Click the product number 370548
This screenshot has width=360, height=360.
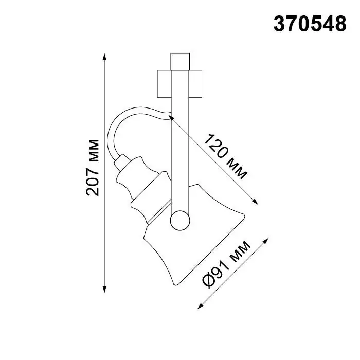pyautogui.click(x=310, y=24)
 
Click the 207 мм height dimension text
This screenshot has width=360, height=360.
pyautogui.click(x=93, y=168)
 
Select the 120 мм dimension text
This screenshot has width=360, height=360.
pyautogui.click(x=225, y=157)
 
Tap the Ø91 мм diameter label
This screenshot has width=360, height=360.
pyautogui.click(x=226, y=264)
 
